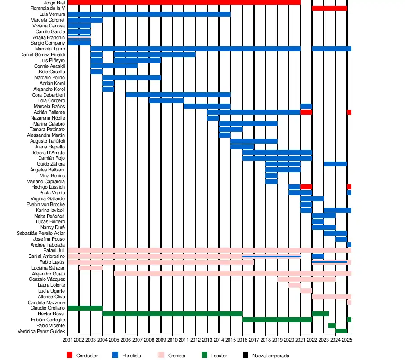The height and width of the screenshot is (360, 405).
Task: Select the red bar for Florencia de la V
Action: tap(329, 9)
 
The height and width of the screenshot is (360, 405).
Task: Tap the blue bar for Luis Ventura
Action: tap(149, 14)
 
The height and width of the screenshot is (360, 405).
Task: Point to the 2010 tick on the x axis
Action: tap(172, 340)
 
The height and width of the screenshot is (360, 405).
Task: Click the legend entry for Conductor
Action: tap(87, 355)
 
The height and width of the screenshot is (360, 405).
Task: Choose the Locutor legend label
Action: tap(219, 355)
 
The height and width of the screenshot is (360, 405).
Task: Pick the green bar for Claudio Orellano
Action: tap(85, 308)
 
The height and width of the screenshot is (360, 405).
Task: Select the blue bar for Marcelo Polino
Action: tap(131, 78)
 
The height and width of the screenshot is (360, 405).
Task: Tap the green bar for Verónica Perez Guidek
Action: tap(341, 331)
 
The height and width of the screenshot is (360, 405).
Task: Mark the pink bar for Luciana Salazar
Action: tap(91, 268)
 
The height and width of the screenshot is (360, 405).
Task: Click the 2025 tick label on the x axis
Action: tap(347, 340)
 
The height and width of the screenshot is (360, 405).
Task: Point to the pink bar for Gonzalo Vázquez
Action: tap(306, 279)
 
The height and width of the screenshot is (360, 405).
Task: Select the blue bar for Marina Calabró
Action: tap(248, 124)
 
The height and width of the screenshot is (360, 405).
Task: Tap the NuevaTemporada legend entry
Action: tap(270, 355)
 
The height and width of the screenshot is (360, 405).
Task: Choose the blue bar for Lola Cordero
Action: tap(166, 101)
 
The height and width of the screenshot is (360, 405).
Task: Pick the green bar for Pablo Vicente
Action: tap(332, 325)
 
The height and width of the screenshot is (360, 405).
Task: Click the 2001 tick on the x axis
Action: tap(67, 340)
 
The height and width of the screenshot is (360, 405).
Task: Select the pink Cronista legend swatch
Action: tap(161, 355)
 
